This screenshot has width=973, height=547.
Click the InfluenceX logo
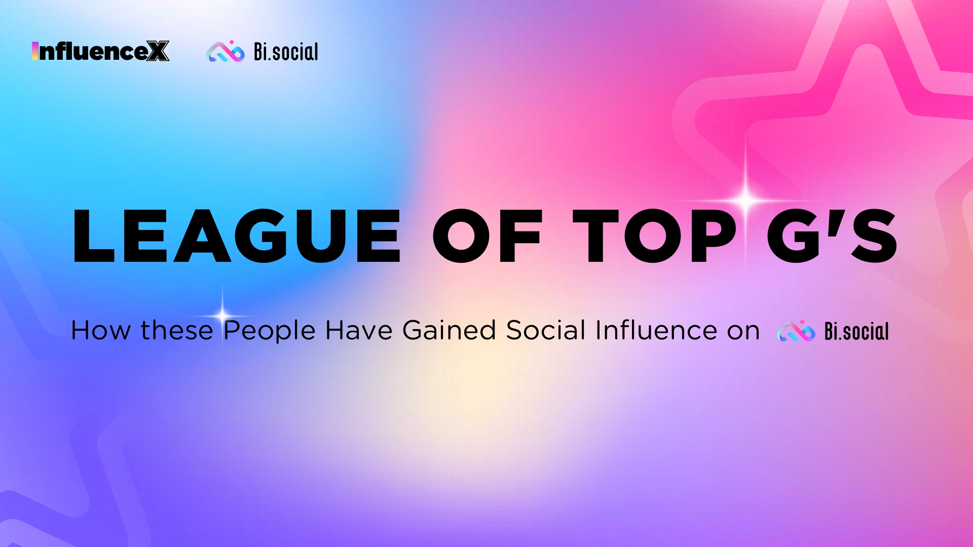pyautogui.click(x=100, y=51)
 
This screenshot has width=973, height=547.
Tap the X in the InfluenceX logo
pyautogui.click(x=158, y=51)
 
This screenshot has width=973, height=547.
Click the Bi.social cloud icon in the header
pyautogui.click(x=225, y=51)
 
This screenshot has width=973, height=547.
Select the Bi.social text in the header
pyautogui.click(x=286, y=52)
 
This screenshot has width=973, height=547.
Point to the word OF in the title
pyautogui.click(x=488, y=236)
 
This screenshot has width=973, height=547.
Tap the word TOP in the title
pyautogui.click(x=654, y=236)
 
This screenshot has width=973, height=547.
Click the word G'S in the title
pyautogui.click(x=832, y=236)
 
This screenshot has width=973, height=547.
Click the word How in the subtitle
pyautogui.click(x=101, y=331)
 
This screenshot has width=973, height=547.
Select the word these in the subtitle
pyautogui.click(x=177, y=331)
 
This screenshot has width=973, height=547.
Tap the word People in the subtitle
pyautogui.click(x=270, y=332)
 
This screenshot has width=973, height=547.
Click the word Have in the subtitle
pyautogui.click(x=359, y=331)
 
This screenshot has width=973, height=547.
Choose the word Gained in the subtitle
pyautogui.click(x=449, y=330)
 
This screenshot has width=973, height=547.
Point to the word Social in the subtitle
pyautogui.click(x=546, y=330)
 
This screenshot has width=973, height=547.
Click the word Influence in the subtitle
pyautogui.click(x=656, y=330)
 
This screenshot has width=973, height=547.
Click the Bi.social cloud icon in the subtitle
pyautogui.click(x=796, y=331)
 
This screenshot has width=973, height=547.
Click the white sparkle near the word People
pyautogui.click(x=222, y=316)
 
